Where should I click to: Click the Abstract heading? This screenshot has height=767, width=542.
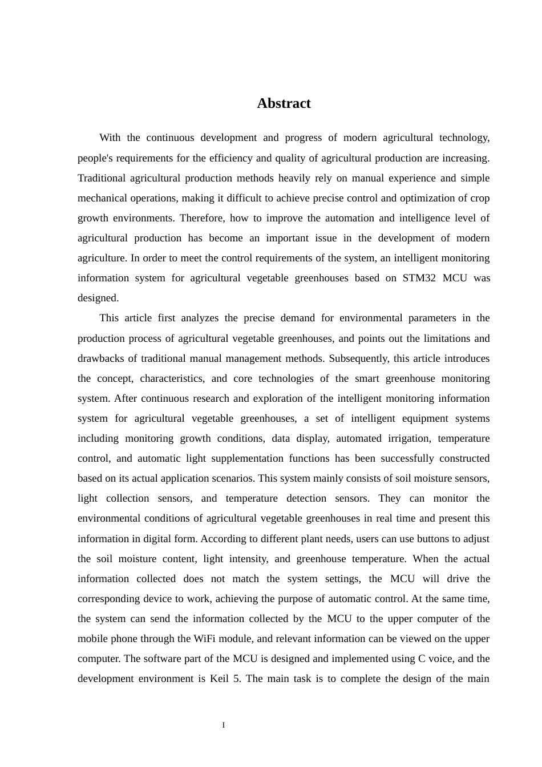[284, 103]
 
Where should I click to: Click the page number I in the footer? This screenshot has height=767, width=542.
[224, 725]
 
